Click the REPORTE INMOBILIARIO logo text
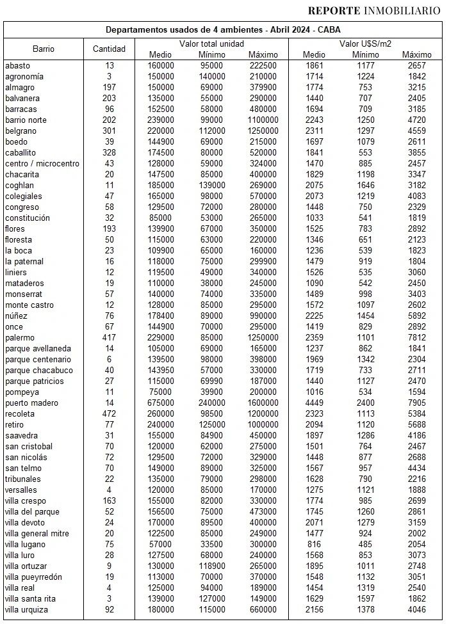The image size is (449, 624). click(373, 10)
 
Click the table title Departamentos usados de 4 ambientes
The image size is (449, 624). click(224, 30)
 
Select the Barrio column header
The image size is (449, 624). click(44, 49)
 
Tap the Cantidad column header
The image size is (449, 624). click(109, 49)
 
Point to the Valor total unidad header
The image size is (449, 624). click(211, 43)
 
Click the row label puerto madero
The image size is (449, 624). click(31, 403)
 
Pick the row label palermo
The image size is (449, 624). click(19, 338)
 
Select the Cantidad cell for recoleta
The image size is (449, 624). click(109, 414)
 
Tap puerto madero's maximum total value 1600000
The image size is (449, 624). click(263, 403)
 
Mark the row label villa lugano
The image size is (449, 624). click(25, 545)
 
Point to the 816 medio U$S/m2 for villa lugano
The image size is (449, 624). click(314, 545)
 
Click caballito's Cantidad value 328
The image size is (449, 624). click(109, 153)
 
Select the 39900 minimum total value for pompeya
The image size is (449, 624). click(211, 392)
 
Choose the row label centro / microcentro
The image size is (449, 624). click(42, 164)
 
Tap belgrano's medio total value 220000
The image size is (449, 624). click(160, 131)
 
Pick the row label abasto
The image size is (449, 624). click(17, 65)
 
